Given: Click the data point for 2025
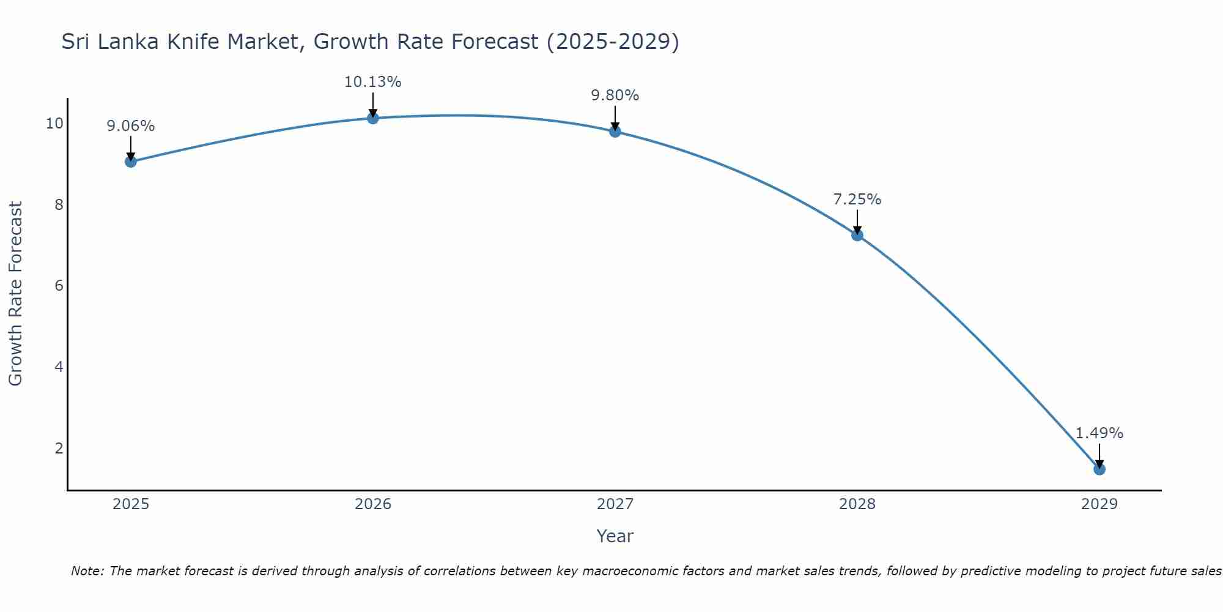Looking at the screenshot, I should (x=130, y=162).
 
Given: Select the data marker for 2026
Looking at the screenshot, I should (x=373, y=118).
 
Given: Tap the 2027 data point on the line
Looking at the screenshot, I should (x=615, y=132).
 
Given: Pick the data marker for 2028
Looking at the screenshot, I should (x=857, y=235).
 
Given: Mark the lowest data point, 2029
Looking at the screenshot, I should (x=1099, y=469).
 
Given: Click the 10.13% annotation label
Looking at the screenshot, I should (x=372, y=82).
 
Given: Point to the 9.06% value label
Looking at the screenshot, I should (x=130, y=126).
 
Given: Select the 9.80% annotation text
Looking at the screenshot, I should (x=615, y=95).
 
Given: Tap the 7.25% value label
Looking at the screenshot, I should (x=857, y=200).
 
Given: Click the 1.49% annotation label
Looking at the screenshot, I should (x=1099, y=433).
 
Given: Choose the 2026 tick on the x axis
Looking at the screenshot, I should (x=373, y=504).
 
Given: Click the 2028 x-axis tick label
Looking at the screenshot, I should (x=857, y=504).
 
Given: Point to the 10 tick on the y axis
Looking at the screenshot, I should (x=54, y=124).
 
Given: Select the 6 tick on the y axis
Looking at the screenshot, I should (x=59, y=286).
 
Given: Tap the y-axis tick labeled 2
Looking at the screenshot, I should (x=59, y=449).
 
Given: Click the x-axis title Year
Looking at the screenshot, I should (x=615, y=536).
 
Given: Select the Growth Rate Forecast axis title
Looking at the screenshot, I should (x=15, y=293).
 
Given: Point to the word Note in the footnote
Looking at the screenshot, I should (x=86, y=571).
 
